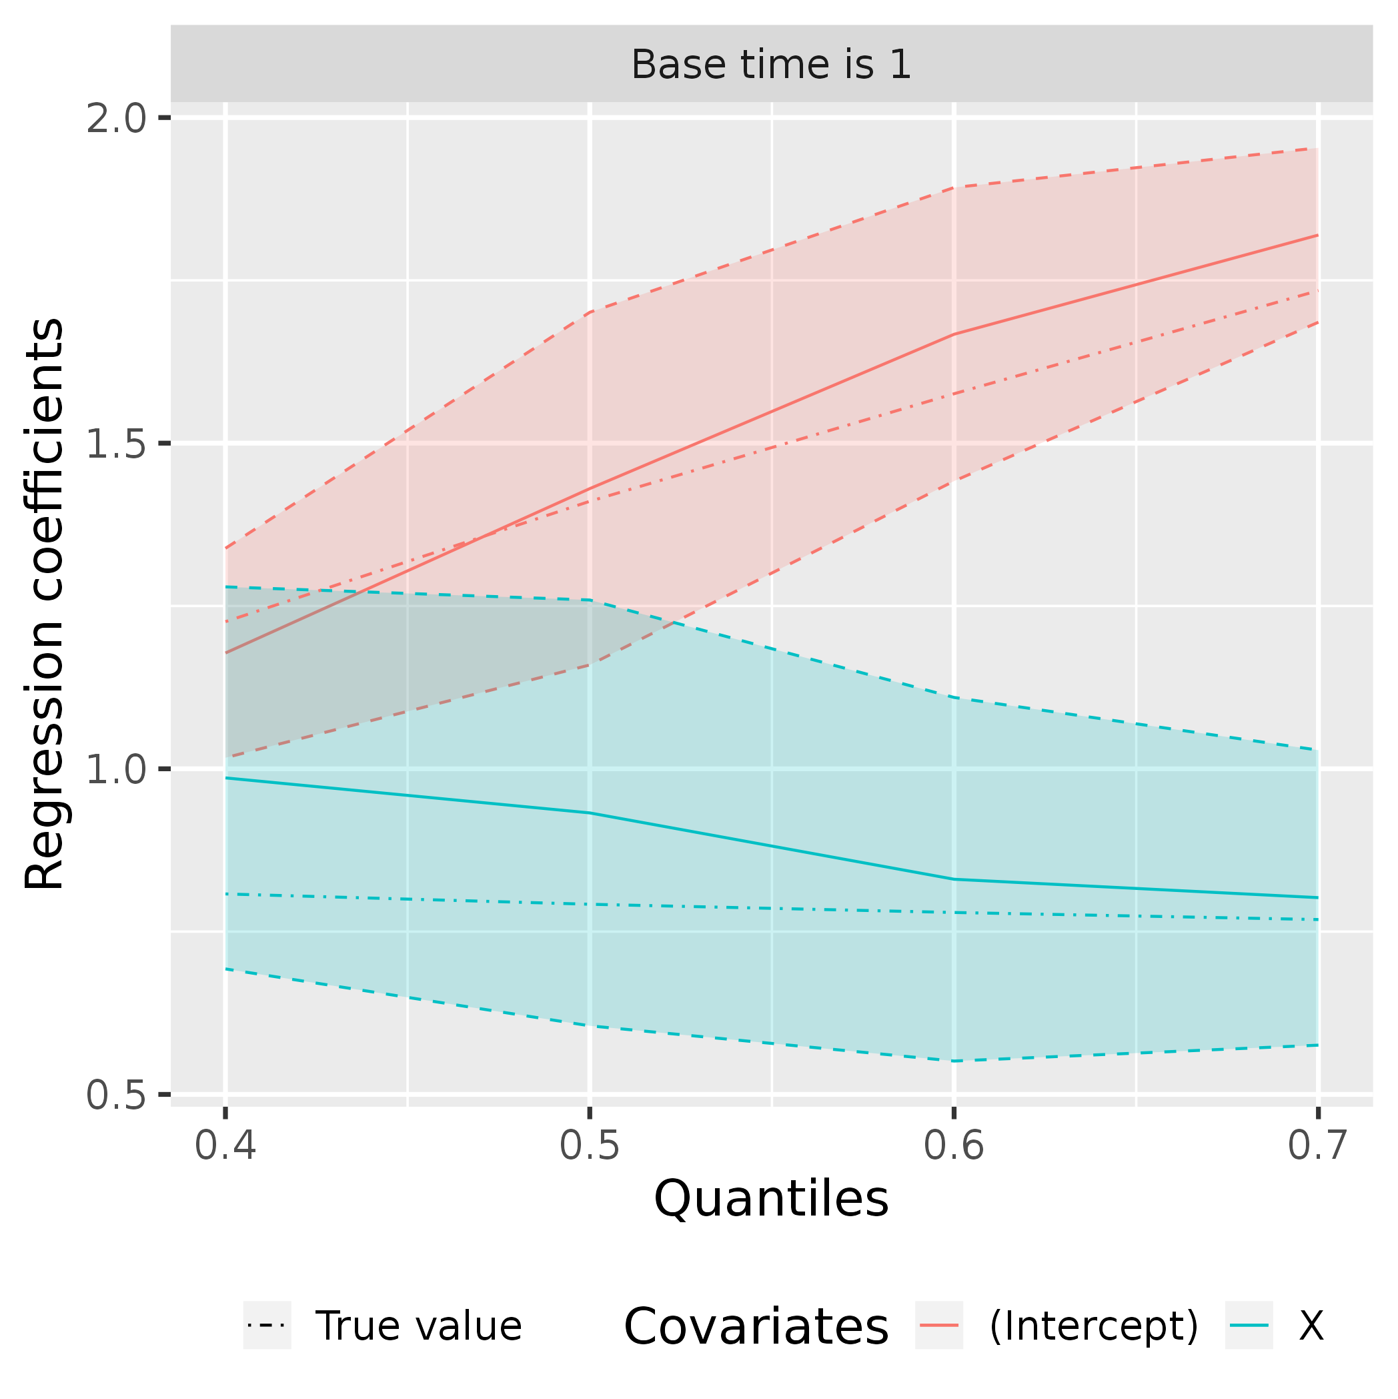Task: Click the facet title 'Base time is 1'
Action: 771,65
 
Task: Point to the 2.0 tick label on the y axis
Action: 116,119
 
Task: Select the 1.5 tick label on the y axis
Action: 116,444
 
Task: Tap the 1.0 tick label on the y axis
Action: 116,769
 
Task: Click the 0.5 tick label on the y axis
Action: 116,1094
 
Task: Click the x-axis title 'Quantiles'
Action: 771,1200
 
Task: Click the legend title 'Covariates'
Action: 756,1326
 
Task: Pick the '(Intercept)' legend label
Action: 1093,1326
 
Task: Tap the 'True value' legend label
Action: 418,1326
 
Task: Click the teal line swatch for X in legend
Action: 1249,1326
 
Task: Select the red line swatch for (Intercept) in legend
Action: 939,1326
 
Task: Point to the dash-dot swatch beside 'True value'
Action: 267,1326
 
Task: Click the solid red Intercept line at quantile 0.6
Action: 954,334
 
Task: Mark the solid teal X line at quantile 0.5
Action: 590,813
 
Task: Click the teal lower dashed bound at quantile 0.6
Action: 954,1061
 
